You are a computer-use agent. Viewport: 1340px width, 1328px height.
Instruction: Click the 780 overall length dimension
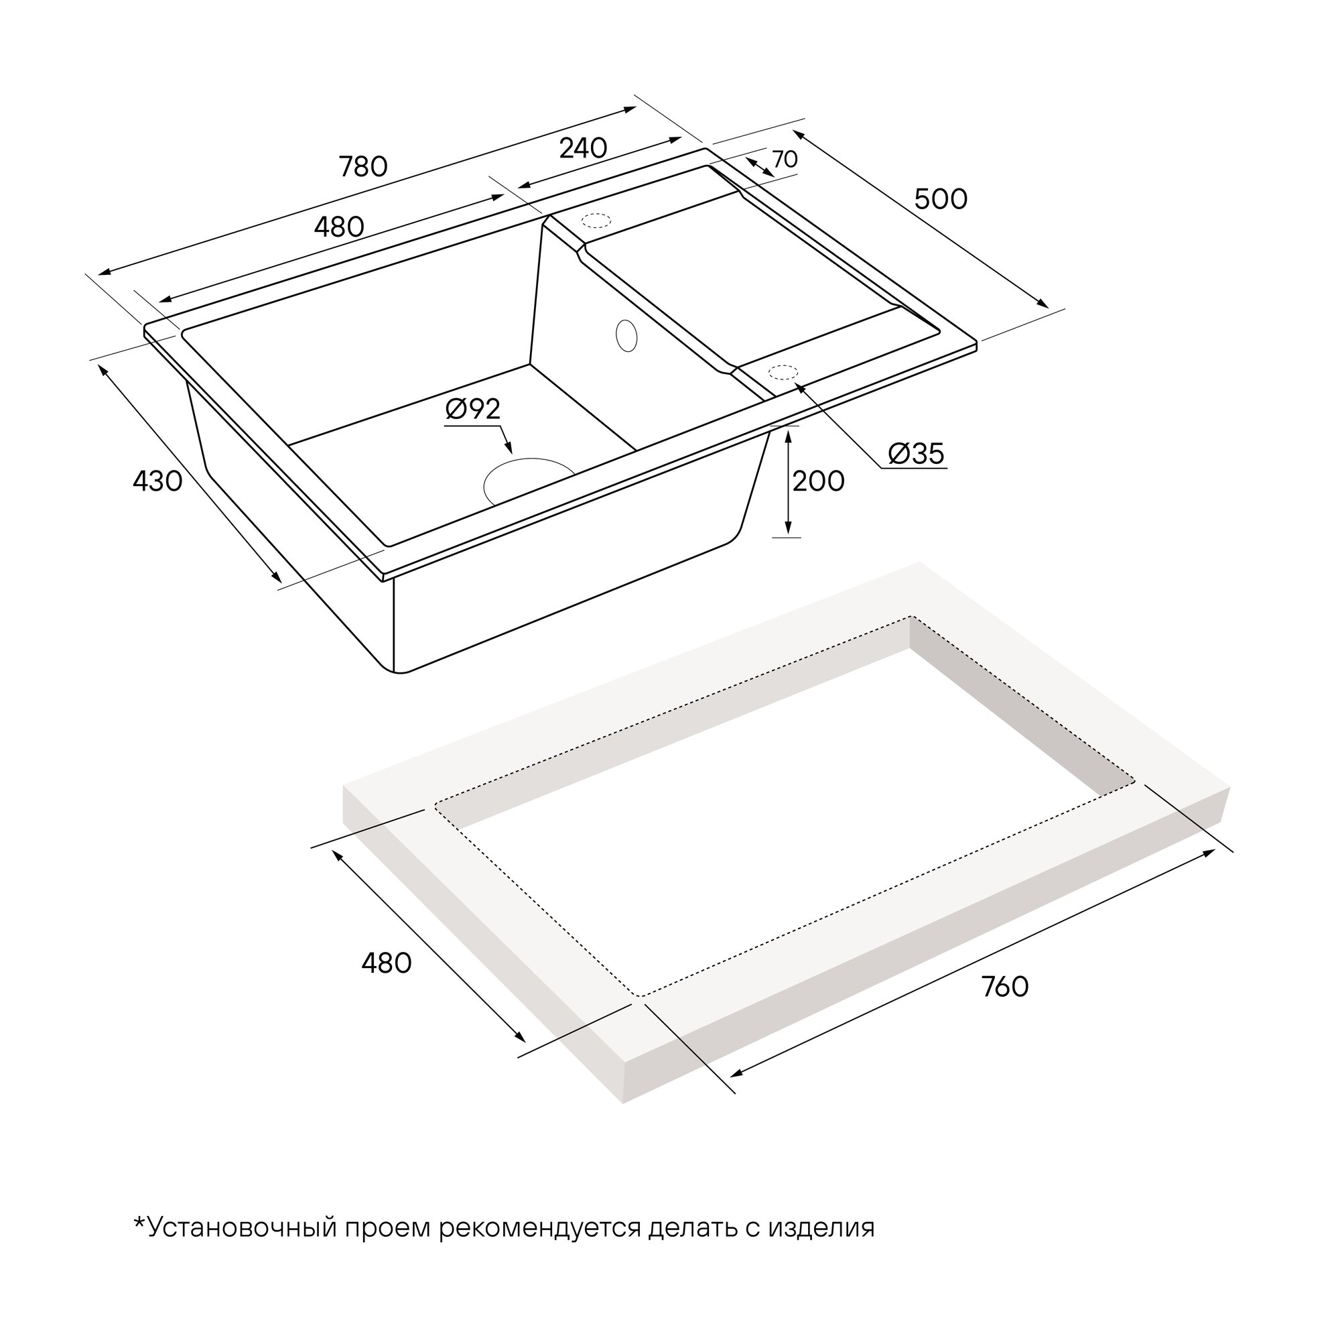[x=362, y=167]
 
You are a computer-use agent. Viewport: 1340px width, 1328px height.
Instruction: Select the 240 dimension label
[x=583, y=147]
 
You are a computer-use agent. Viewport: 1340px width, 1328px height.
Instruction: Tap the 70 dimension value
[x=785, y=160]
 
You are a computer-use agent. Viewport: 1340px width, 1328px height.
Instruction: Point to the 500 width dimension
[x=941, y=199]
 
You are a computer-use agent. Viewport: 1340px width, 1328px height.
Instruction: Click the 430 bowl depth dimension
[x=157, y=481]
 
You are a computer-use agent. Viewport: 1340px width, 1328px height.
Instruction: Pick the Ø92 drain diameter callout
[x=472, y=409]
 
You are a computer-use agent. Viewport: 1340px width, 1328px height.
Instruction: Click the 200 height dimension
[x=819, y=481]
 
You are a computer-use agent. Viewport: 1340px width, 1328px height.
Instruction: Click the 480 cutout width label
[x=387, y=963]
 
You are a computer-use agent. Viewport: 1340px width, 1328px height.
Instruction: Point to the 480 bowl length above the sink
[x=339, y=226]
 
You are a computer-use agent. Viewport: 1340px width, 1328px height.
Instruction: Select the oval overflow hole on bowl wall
[x=626, y=336]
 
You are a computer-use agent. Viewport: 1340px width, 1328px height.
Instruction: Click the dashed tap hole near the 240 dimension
[x=596, y=221]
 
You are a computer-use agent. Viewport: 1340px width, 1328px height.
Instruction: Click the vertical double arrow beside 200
[x=788, y=483]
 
